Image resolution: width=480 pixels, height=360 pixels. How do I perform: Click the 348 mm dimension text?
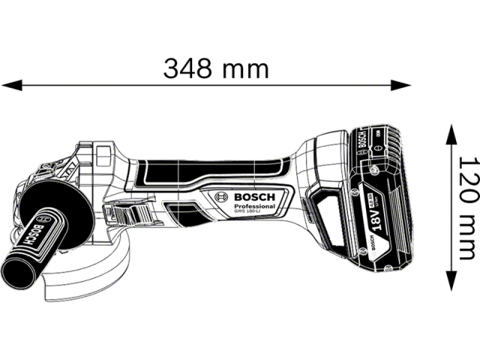click(x=216, y=69)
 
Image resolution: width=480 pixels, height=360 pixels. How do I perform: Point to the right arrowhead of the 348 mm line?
click(x=408, y=84)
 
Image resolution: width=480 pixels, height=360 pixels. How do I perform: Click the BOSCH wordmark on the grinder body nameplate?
click(x=255, y=197)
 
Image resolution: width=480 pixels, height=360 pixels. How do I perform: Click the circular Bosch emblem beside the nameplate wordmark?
click(x=222, y=197)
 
